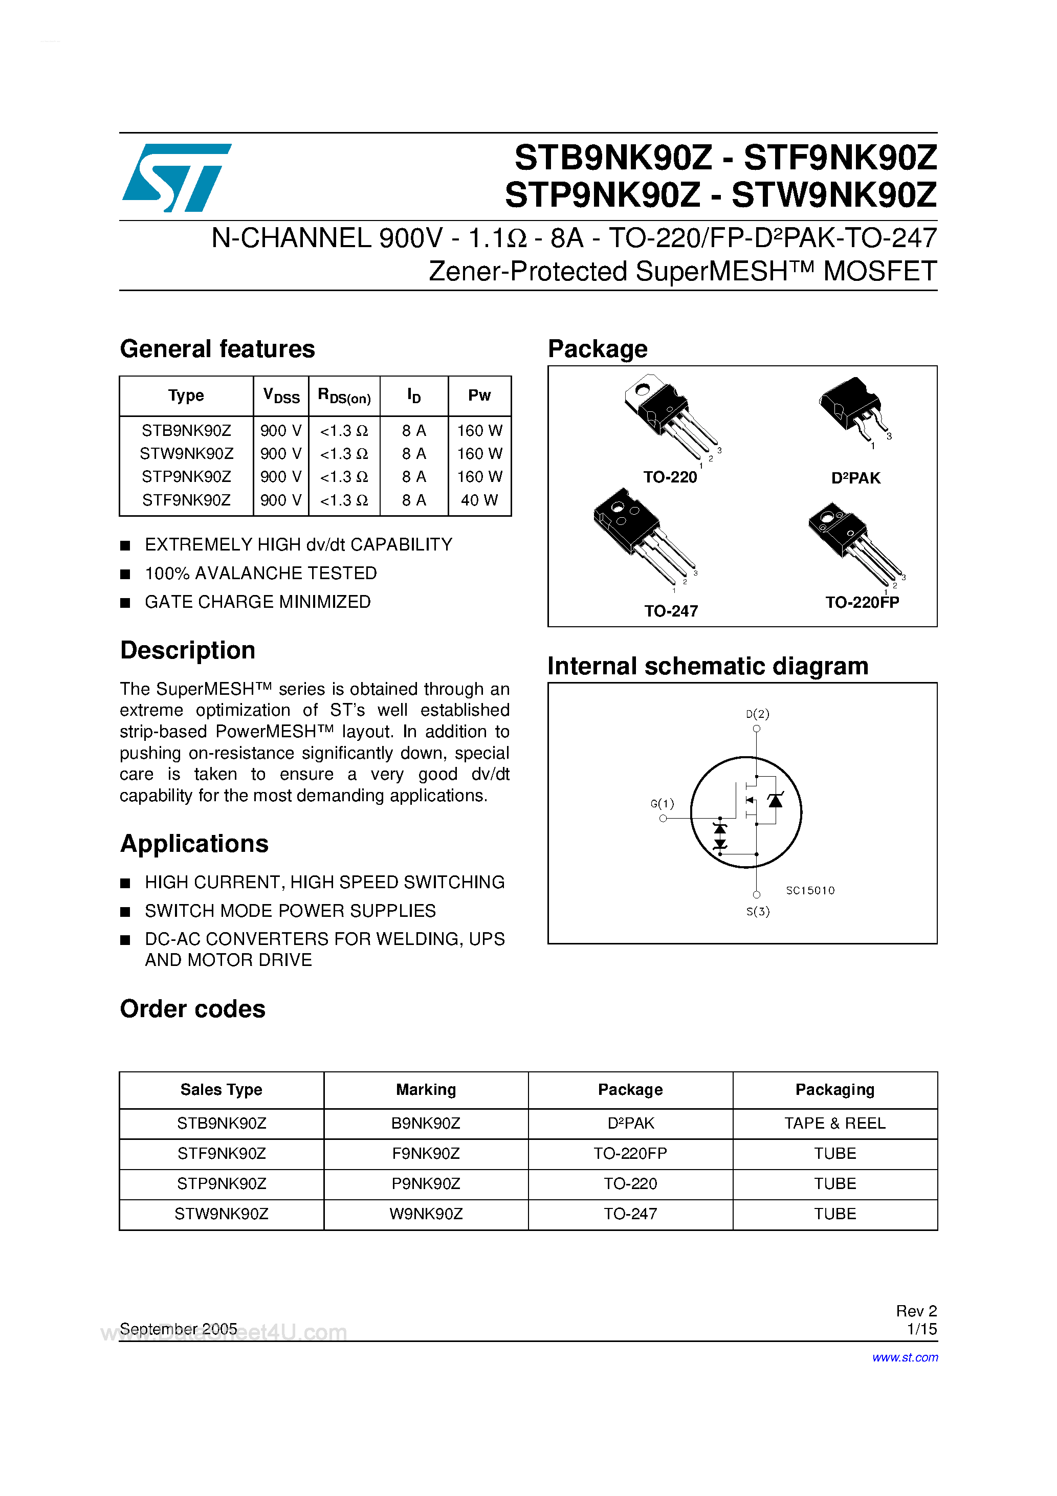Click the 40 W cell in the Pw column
pos(479,500)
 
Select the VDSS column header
pos(281,395)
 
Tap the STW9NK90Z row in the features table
pos(186,453)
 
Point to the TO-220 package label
pos(670,477)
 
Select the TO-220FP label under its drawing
pos(862,603)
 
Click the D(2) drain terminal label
pos(757,714)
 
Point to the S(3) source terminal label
pos(758,912)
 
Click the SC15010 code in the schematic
pos(810,891)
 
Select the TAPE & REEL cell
pos(835,1124)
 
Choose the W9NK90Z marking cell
pos(426,1214)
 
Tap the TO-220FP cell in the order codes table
pos(630,1153)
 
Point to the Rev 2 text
pos(916,1311)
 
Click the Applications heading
pos(194,844)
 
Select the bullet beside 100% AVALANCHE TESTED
pos(125,574)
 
